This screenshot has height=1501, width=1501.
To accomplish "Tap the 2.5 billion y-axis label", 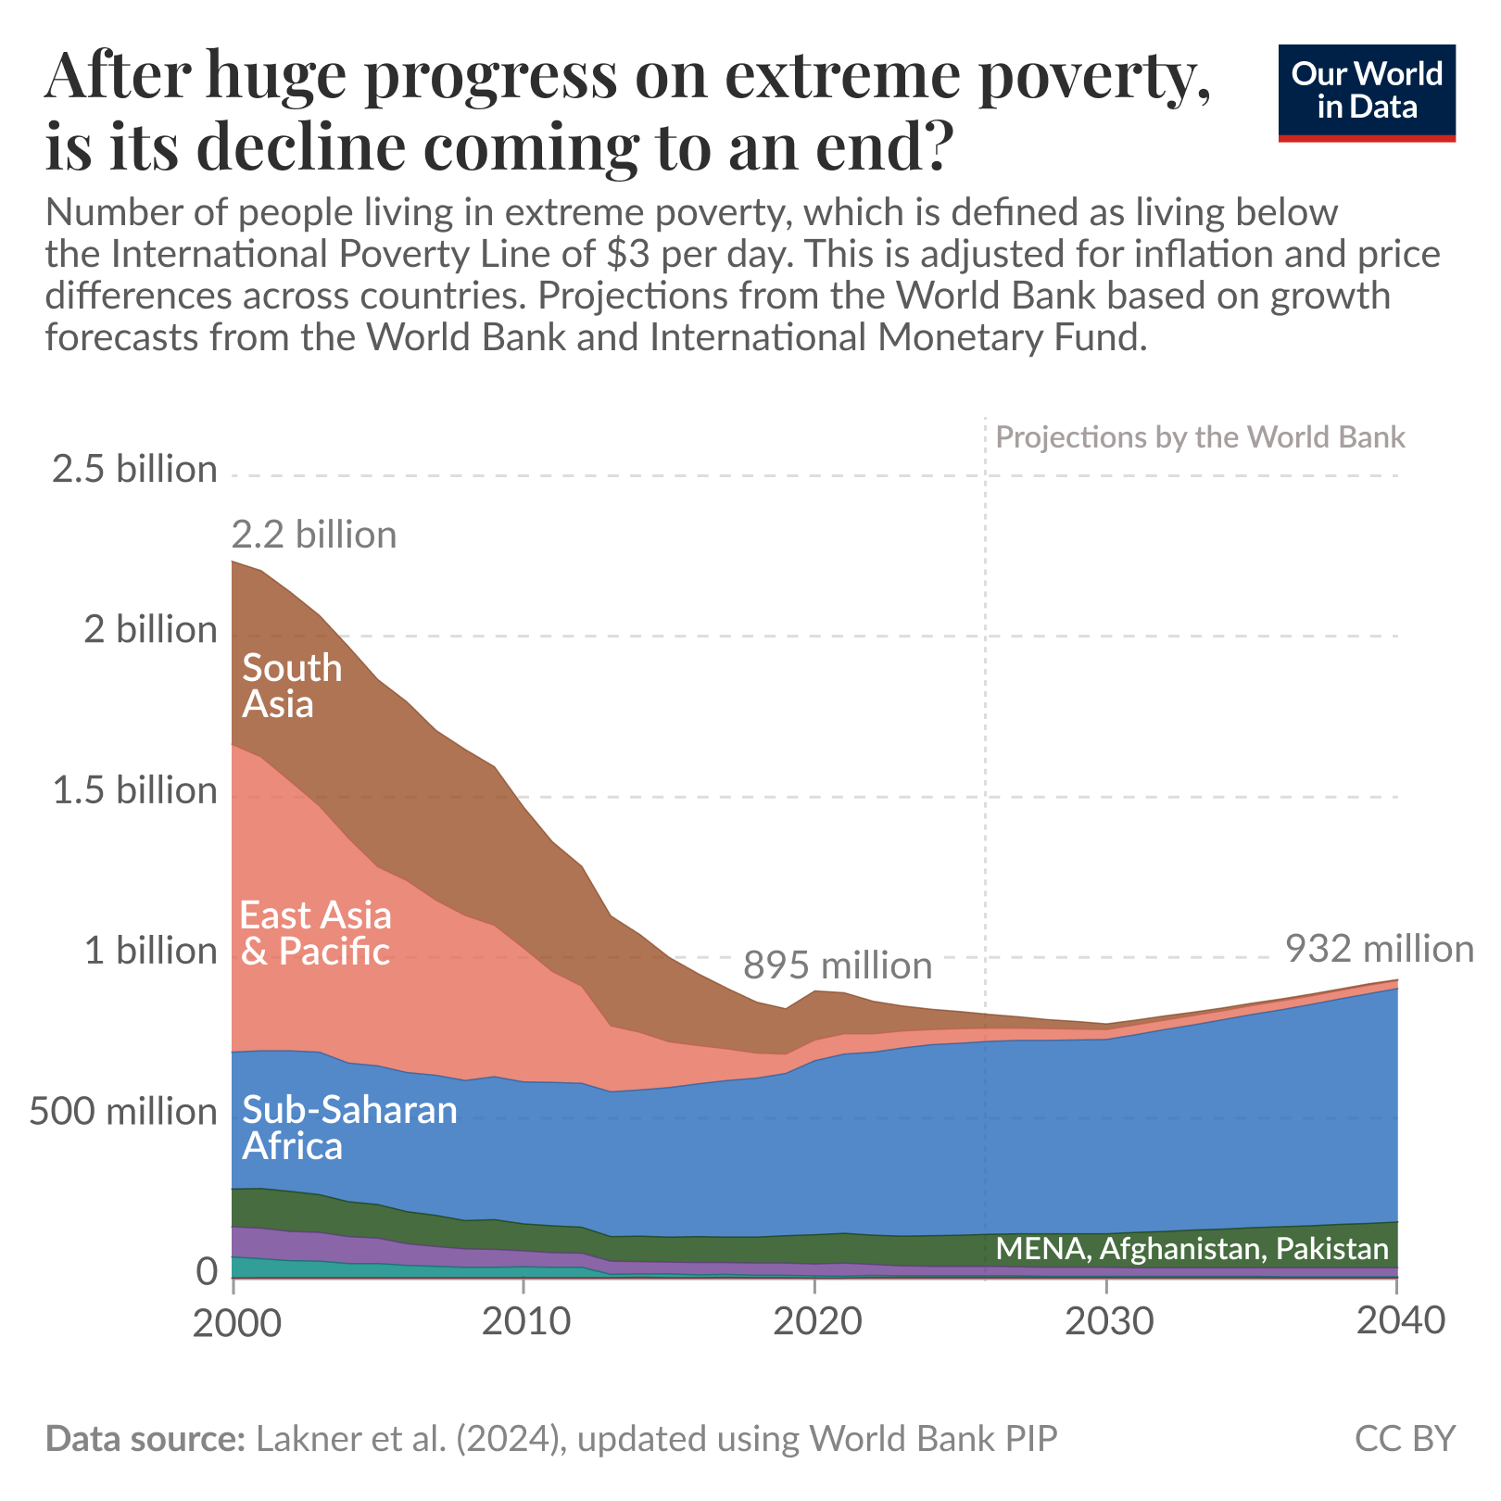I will tap(135, 470).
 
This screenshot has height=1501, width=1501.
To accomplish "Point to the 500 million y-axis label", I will tap(123, 1111).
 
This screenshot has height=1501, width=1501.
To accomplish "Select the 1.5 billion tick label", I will tap(135, 790).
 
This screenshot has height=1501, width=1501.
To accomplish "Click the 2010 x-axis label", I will tap(525, 1320).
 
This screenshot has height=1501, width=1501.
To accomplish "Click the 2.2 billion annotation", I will tap(313, 536).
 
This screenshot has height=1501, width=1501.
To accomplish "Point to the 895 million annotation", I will tap(838, 966).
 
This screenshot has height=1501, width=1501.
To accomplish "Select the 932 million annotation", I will tap(1379, 950).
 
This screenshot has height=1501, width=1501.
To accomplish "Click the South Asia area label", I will tap(292, 687).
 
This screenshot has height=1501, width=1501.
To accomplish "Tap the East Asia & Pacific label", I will tap(315, 933).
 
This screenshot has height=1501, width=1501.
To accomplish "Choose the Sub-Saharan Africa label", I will tap(349, 1128).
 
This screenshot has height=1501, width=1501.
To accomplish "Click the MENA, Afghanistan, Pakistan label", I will tap(1192, 1249).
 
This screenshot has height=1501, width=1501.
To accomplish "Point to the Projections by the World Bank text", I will tap(1200, 437).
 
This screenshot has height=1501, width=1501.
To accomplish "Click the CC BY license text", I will tap(1405, 1438).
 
